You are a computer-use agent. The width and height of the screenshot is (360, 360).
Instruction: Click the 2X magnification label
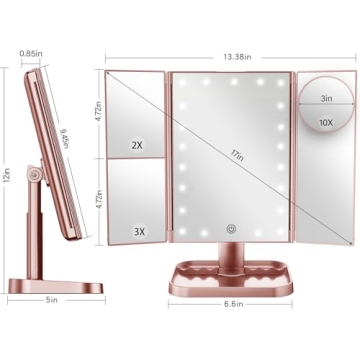[138, 145]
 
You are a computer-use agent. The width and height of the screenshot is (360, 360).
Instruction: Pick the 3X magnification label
[138, 231]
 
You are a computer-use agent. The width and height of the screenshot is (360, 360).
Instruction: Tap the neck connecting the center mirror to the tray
[232, 250]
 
